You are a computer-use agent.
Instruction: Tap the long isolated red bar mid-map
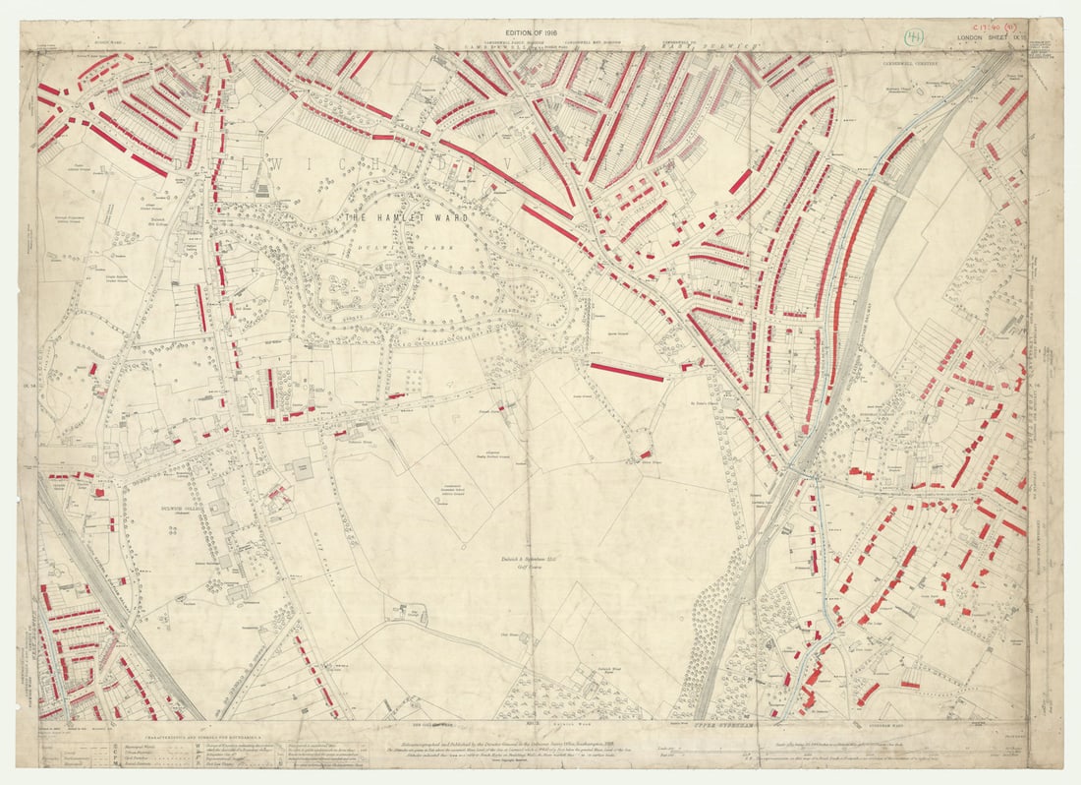coord(626,372)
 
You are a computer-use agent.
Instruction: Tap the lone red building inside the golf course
coord(646,453)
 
